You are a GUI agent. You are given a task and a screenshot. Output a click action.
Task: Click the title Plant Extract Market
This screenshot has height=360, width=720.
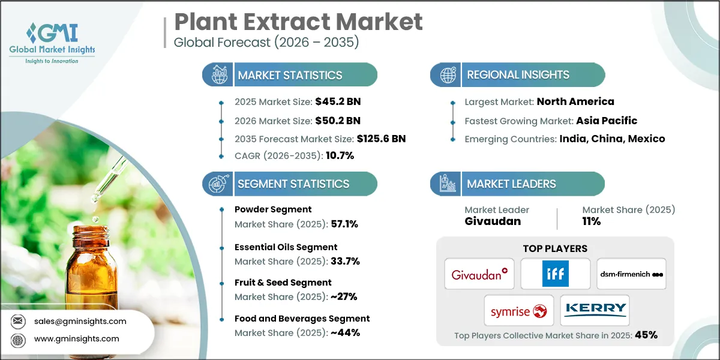(x=298, y=22)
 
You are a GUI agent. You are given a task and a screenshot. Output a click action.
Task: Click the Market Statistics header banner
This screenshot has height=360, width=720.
(x=290, y=75)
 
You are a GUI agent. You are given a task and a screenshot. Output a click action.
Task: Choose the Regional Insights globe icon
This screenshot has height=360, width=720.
(x=448, y=75)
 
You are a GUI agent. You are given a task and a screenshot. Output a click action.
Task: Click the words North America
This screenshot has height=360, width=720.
(x=575, y=101)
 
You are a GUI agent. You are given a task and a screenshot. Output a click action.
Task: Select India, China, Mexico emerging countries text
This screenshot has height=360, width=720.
(x=612, y=139)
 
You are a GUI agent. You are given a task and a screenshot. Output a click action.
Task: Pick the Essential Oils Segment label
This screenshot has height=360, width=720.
(x=286, y=247)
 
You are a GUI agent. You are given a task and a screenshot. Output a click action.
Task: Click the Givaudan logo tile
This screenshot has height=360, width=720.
(x=479, y=274)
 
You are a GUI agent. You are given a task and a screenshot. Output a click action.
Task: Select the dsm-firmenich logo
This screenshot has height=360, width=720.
(x=631, y=274)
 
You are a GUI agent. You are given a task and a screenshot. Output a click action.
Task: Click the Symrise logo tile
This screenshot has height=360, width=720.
(x=518, y=310)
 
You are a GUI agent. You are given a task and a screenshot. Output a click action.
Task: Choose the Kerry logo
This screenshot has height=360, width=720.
(x=595, y=310)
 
